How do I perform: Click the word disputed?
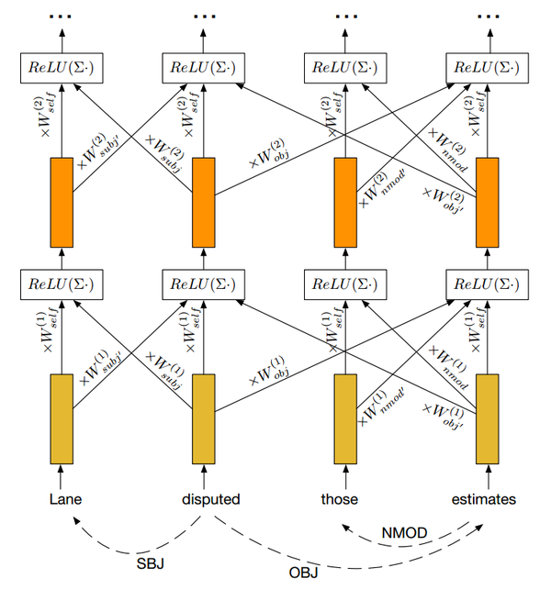pos(211,500)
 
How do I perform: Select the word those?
pos(339,500)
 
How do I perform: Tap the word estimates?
pos(484,500)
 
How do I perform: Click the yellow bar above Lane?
pos(62,418)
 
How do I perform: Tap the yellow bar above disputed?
pos(203,418)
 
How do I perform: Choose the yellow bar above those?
pos(344,418)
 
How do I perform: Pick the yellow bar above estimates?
pos(486,418)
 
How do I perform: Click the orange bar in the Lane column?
pos(62,202)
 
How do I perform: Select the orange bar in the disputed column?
pos(203,202)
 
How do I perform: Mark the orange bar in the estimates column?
pos(486,202)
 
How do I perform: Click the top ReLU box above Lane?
pos(62,66)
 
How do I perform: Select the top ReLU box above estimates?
pos(486,66)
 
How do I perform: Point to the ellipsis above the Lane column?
pos(62,17)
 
